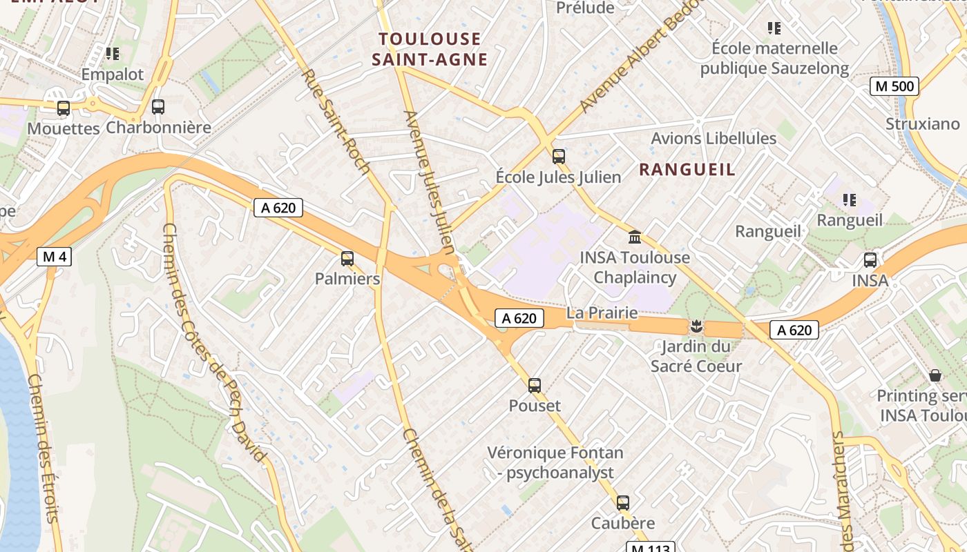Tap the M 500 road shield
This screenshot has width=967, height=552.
coord(894,86)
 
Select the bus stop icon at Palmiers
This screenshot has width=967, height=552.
coord(347,259)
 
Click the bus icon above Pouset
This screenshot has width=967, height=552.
coord(535,385)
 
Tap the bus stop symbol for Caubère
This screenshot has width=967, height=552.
coord(623,503)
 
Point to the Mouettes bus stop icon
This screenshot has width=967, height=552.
coord(64,108)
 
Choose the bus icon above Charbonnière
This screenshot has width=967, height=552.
coord(158,107)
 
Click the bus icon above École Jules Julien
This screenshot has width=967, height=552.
coord(559,157)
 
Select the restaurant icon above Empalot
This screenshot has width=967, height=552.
coord(113,53)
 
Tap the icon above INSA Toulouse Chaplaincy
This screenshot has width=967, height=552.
coord(634,237)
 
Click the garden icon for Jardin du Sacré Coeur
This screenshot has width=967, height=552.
coord(696,326)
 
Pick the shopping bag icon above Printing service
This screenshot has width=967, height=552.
coord(935,375)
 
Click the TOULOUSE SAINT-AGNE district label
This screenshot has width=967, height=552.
coord(430,49)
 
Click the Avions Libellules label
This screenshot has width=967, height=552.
coord(714,139)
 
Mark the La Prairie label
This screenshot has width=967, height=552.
coord(602,313)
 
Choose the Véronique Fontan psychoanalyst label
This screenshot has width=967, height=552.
coord(555,462)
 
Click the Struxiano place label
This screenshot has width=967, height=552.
coord(923,124)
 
